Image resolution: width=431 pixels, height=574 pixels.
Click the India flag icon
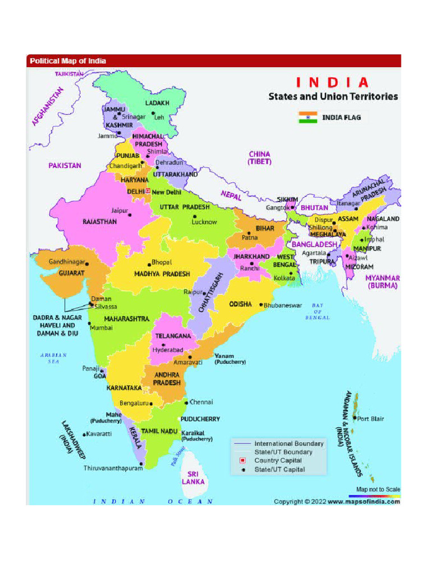pyautogui.click(x=308, y=117)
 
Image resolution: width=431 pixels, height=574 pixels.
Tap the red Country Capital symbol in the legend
pyautogui.click(x=242, y=461)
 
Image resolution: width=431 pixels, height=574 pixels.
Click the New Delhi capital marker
pyautogui.click(x=148, y=191)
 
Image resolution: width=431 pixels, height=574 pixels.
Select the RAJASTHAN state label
pyautogui.click(x=100, y=222)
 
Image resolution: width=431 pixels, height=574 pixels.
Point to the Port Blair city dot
pyautogui.click(x=355, y=418)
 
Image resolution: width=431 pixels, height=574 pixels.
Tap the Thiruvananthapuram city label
pyautogui.click(x=113, y=468)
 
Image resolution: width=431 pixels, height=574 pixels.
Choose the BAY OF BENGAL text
pyautogui.click(x=318, y=312)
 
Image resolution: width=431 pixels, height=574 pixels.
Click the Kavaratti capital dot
pyautogui.click(x=84, y=434)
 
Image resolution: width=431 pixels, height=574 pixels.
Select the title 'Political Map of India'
pyautogui.click(x=68, y=61)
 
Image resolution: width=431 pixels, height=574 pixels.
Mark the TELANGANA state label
pyautogui.click(x=173, y=336)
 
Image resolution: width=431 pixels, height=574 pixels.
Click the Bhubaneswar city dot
pyautogui.click(x=261, y=305)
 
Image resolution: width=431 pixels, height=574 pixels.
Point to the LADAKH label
pyautogui.click(x=157, y=103)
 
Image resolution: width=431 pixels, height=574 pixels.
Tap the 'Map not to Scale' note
pyautogui.click(x=378, y=489)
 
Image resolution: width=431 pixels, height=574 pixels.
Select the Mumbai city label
pyautogui.click(x=102, y=327)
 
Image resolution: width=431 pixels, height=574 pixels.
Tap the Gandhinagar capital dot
pyautogui.click(x=87, y=263)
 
